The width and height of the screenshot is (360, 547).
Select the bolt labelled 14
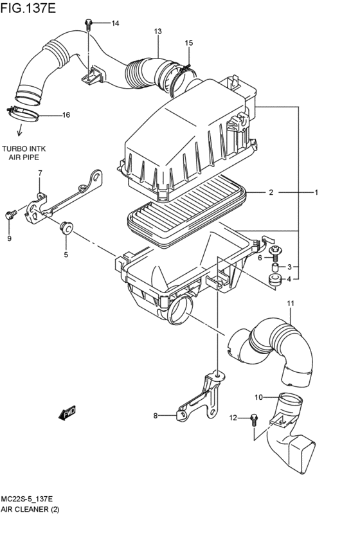(88, 24)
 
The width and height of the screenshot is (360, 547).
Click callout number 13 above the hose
(157, 31)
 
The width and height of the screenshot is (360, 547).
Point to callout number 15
(188, 43)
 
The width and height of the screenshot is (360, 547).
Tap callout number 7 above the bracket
(40, 174)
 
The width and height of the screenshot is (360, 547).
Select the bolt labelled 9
(10, 215)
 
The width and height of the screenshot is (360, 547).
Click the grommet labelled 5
(66, 226)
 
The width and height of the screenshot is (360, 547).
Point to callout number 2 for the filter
(271, 192)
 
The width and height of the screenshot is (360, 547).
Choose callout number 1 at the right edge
(316, 192)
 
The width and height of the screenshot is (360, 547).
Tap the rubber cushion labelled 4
(274, 279)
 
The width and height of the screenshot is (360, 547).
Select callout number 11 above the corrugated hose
(290, 303)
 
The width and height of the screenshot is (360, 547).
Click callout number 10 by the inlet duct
(258, 397)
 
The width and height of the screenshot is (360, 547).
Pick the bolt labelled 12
(253, 419)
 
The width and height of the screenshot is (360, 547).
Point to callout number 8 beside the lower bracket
(155, 416)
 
